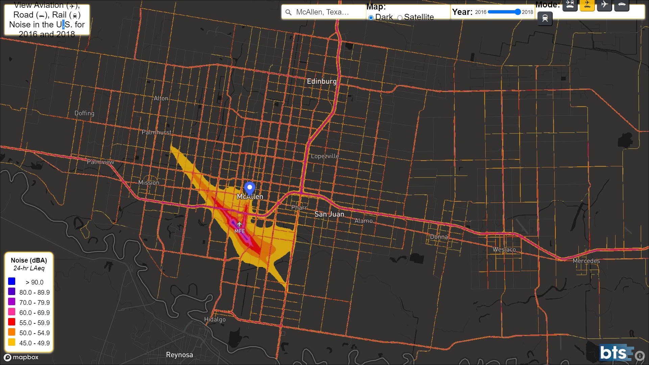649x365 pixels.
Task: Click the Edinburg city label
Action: [321, 81]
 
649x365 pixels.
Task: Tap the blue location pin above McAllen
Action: [249, 188]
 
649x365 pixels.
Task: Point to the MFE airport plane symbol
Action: [239, 224]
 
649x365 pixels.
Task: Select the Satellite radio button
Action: [400, 18]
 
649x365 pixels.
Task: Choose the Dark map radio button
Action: [371, 18]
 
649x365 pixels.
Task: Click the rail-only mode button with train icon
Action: [545, 19]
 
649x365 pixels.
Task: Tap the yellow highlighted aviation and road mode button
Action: [587, 5]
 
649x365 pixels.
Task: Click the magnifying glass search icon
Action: [288, 13]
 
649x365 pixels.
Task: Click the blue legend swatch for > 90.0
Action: [12, 281]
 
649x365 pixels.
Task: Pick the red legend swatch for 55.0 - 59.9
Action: [12, 322]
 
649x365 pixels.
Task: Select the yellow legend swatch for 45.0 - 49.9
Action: [12, 342]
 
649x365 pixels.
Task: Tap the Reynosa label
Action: [179, 355]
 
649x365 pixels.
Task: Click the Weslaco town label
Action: [504, 250]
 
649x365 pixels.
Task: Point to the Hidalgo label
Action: [215, 319]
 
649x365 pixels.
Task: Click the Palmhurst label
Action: [156, 132]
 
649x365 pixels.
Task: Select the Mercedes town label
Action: [586, 261]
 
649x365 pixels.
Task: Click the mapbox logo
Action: [21, 357]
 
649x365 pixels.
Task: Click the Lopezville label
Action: [324, 156]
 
